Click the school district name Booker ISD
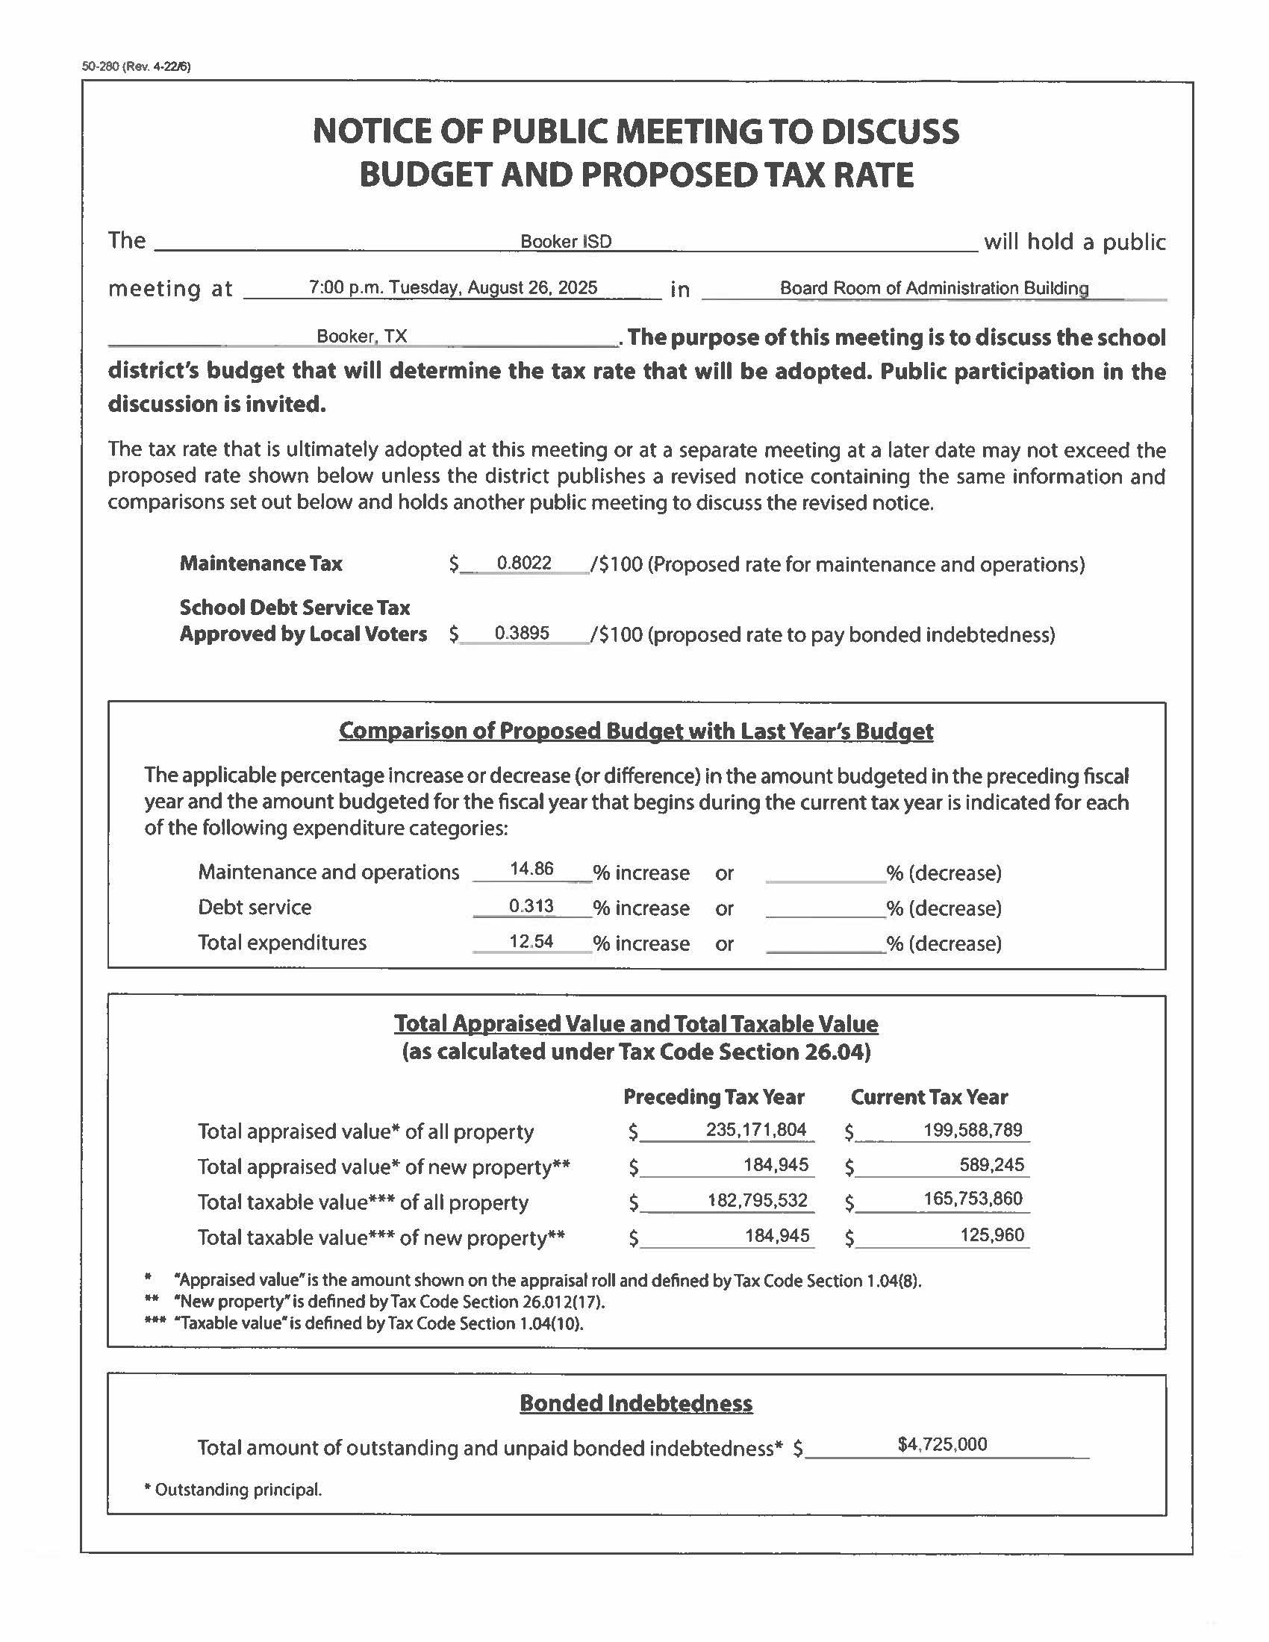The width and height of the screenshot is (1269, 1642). click(x=566, y=241)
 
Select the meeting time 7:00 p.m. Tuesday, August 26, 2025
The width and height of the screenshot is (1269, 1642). click(x=452, y=287)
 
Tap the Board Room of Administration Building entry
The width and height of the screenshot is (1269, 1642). click(x=934, y=288)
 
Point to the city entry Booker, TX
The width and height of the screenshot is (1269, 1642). click(x=361, y=336)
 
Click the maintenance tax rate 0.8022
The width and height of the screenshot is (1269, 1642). click(x=524, y=563)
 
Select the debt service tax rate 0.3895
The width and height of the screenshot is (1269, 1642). click(x=522, y=633)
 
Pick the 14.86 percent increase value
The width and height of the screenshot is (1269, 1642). click(x=531, y=869)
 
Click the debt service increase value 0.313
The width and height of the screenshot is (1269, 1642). click(x=531, y=906)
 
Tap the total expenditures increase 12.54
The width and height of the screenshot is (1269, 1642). click(x=531, y=941)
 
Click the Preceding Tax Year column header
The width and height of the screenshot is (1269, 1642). click(x=714, y=1097)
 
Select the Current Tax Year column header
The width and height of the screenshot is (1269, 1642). click(x=929, y=1097)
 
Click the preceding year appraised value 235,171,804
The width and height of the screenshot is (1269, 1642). click(x=756, y=1129)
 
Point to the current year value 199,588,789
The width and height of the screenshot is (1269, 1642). click(x=973, y=1129)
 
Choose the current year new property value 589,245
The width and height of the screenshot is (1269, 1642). click(x=991, y=1164)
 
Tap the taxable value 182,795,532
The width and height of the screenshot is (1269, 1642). click(x=757, y=1200)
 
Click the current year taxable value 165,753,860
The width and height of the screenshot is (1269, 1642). click(x=973, y=1199)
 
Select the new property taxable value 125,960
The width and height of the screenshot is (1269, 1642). click(x=992, y=1234)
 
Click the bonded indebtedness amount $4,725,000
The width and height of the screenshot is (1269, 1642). click(x=942, y=1443)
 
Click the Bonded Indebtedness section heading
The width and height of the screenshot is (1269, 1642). click(x=636, y=1403)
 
